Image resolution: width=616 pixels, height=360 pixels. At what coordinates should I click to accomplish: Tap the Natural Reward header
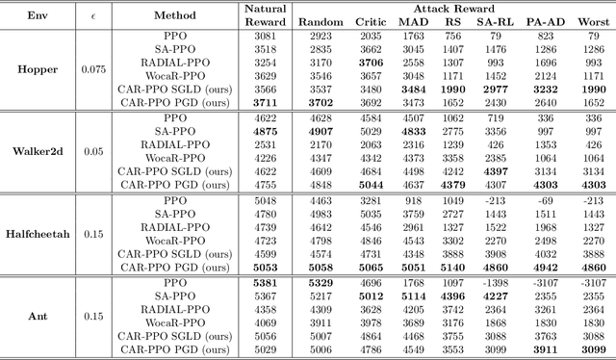264,15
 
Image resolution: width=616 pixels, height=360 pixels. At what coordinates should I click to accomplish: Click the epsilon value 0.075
95,68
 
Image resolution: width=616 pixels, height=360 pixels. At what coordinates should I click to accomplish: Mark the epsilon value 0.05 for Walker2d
95,151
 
